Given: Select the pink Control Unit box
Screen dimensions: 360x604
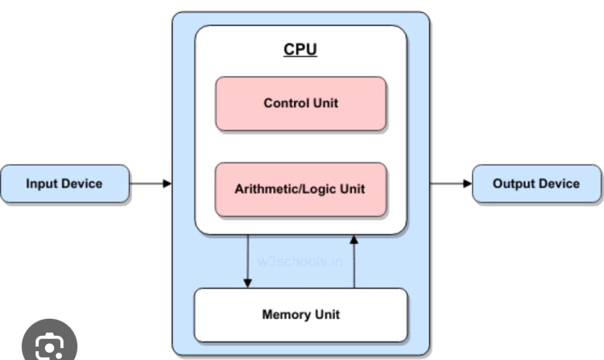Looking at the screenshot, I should tap(301, 103).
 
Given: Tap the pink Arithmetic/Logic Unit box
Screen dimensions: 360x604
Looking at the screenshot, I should tap(301, 189).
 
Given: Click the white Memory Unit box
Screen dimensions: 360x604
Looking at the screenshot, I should tap(301, 315).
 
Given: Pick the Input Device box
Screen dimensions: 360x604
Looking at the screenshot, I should tap(64, 184).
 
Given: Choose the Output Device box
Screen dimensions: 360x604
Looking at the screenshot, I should tap(536, 184).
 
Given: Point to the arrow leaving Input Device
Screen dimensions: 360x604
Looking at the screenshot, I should tap(150, 184).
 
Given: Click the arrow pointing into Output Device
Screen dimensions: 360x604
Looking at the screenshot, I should tap(451, 184).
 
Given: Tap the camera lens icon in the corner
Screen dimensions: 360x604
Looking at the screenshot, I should tap(49, 346).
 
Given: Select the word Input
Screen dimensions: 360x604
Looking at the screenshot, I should tap(41, 184).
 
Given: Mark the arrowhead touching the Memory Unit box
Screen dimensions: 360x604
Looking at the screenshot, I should tap(248, 283).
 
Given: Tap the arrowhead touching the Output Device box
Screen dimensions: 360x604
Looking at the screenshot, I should tap(468, 184).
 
